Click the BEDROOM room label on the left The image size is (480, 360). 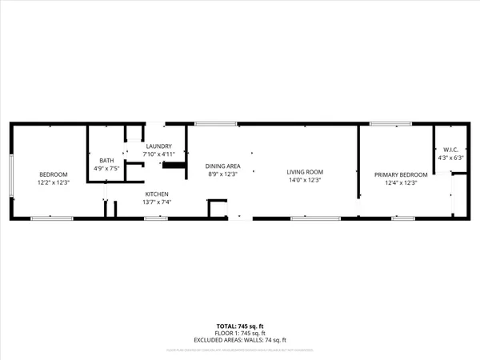(x=54, y=174)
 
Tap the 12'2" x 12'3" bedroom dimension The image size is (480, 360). (x=54, y=182)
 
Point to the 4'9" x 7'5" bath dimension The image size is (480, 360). (x=106, y=169)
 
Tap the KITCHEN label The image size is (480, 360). (x=157, y=194)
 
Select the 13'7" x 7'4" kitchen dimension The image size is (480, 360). (x=157, y=202)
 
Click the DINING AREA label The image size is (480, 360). (x=224, y=166)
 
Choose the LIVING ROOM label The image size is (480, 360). (x=305, y=172)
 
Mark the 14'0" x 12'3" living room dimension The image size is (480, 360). (x=305, y=180)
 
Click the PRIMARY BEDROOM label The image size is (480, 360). (x=402, y=174)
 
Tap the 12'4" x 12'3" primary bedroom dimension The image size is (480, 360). (x=402, y=182)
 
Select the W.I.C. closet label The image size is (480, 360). (x=449, y=150)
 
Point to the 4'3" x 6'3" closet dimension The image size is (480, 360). (x=449, y=158)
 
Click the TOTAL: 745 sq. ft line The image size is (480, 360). (x=239, y=326)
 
